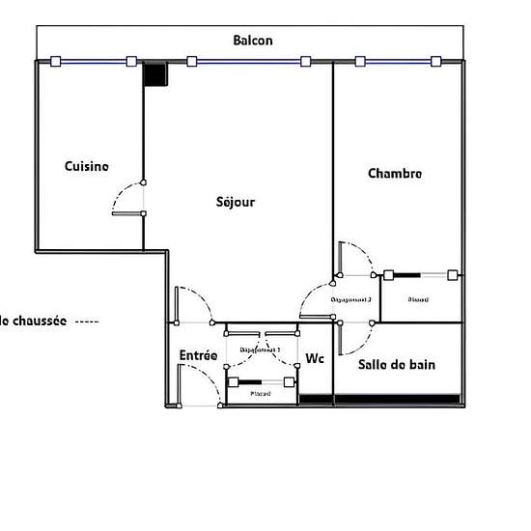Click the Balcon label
(253, 41)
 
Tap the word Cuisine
(87, 166)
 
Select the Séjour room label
(235, 202)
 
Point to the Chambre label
(395, 174)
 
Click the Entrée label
(198, 355)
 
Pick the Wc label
(314, 359)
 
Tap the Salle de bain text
(397, 365)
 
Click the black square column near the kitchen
(155, 74)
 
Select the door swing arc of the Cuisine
(123, 197)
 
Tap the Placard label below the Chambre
(417, 300)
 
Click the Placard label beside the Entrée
(260, 394)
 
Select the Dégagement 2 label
(352, 300)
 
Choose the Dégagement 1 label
(260, 348)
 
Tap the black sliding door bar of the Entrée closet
(258, 379)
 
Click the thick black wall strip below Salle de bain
(397, 398)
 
